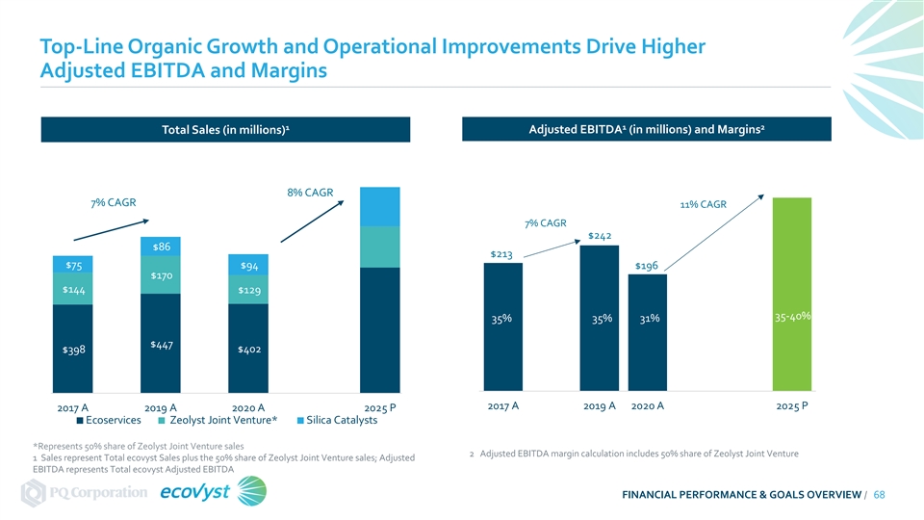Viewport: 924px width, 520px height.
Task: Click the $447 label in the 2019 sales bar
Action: tap(162, 345)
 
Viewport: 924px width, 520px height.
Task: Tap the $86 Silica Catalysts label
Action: tap(162, 247)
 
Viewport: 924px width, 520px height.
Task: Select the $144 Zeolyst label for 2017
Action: tap(73, 290)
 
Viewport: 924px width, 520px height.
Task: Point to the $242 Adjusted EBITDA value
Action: tap(601, 236)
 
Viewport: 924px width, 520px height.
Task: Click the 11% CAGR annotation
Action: tap(705, 204)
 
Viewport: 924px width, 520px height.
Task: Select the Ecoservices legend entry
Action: tap(109, 420)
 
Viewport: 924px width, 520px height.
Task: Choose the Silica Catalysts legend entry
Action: tap(337, 420)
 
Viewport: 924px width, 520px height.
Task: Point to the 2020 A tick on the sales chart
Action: tap(248, 407)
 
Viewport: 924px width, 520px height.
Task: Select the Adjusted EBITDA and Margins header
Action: tap(646, 130)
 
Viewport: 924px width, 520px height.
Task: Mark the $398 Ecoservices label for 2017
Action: tap(73, 350)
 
